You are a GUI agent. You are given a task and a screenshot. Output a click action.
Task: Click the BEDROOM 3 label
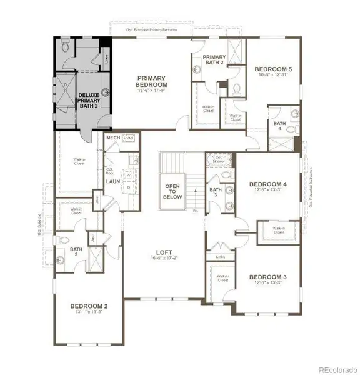tap(268, 277)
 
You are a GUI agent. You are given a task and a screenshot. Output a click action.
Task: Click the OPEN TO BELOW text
tap(172, 191)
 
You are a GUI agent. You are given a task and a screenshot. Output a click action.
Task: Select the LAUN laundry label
tap(112, 181)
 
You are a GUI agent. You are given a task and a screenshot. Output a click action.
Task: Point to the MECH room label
tap(113, 138)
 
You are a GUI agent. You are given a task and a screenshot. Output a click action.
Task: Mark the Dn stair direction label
tap(195, 211)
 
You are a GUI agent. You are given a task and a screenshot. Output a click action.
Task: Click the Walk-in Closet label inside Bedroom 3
tap(222, 277)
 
